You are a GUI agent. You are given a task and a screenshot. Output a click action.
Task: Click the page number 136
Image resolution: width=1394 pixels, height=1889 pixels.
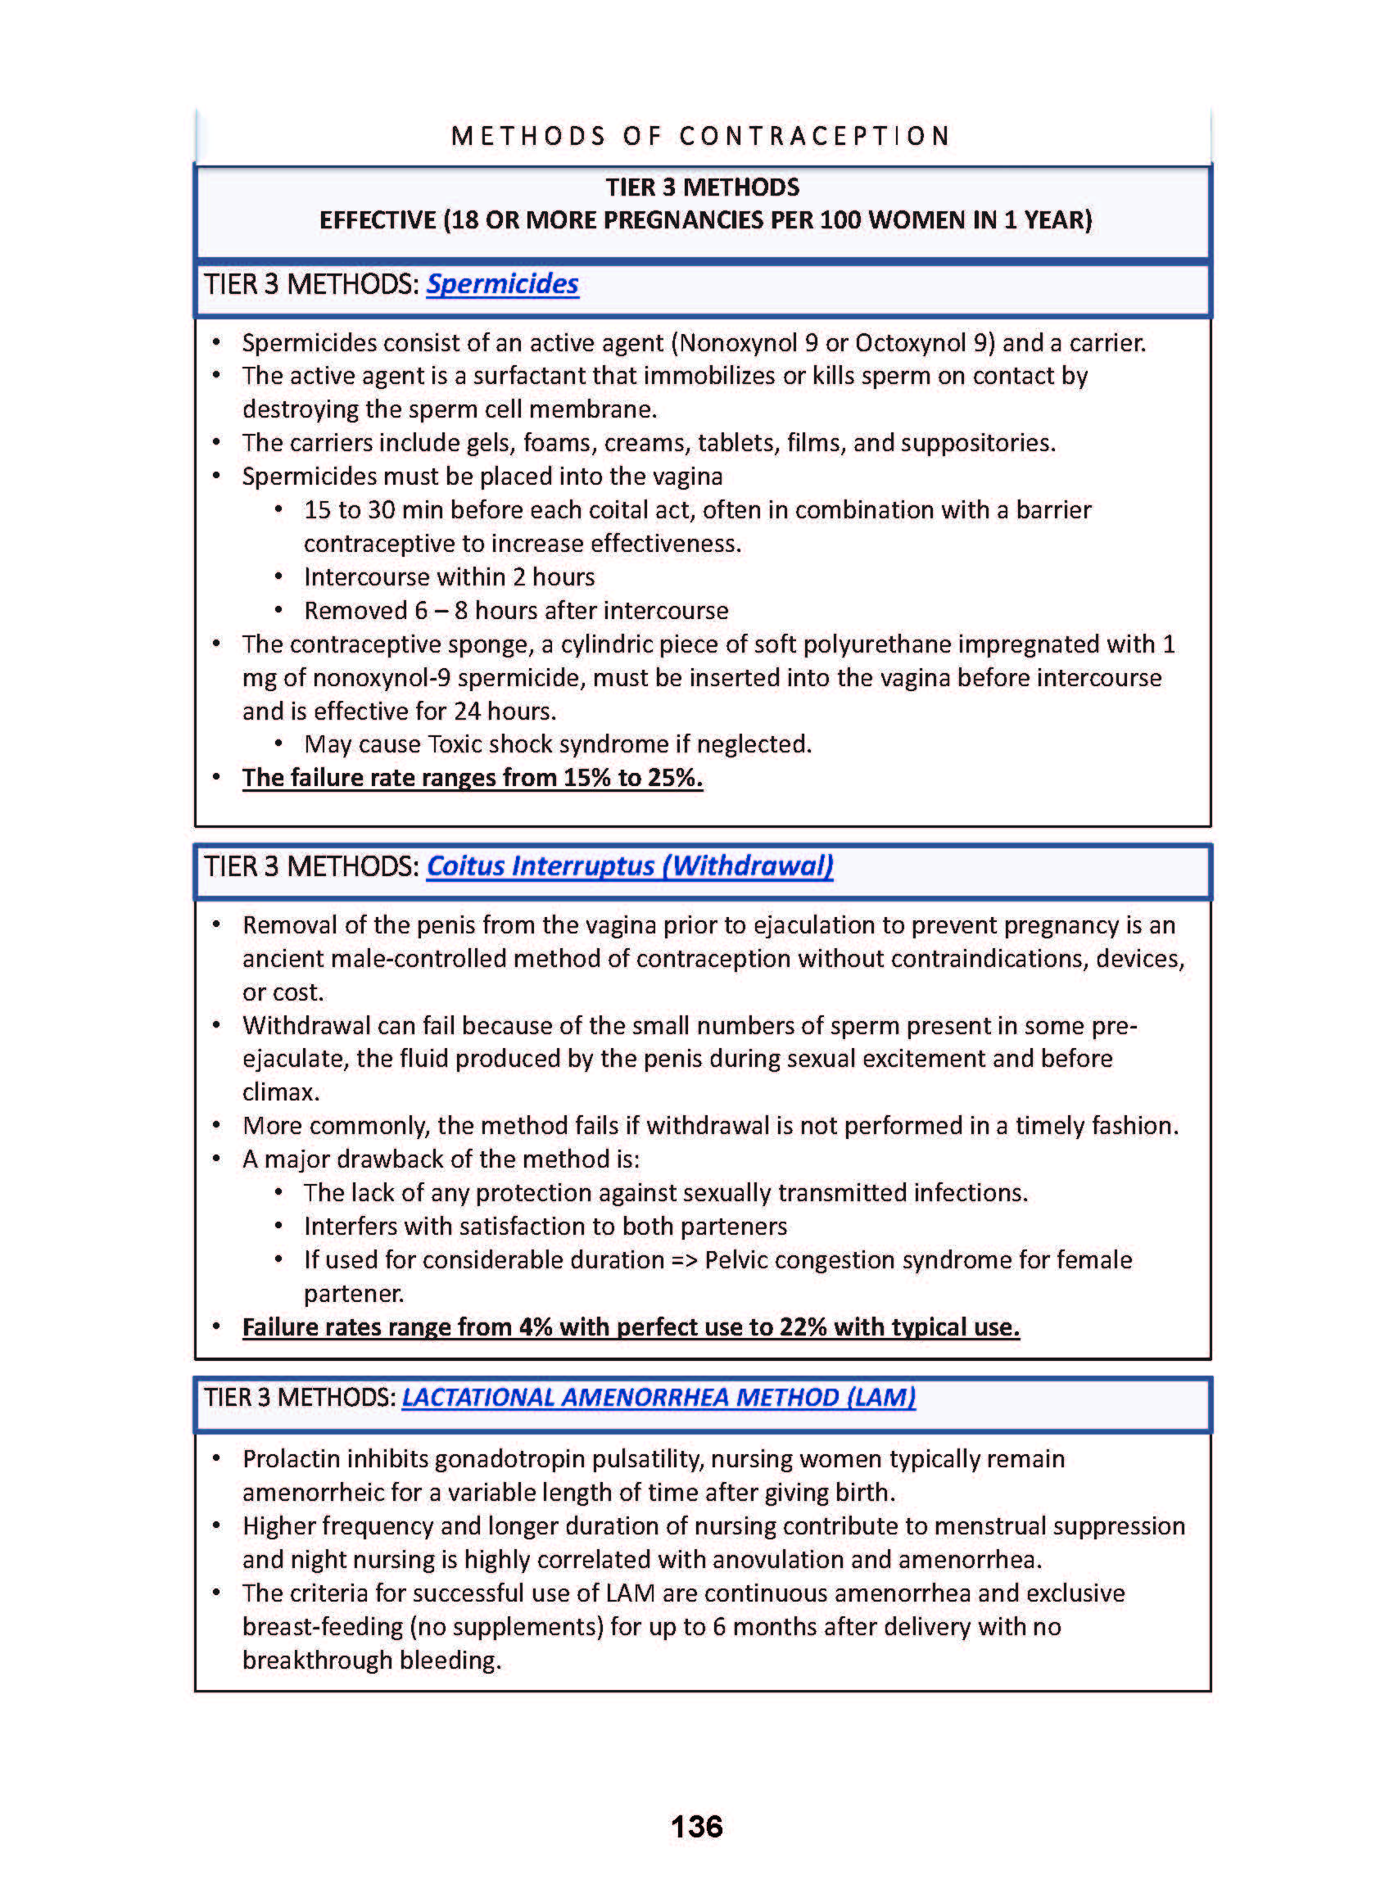point(696,1827)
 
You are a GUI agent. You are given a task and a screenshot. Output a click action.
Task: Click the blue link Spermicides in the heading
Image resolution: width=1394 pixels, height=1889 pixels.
point(502,284)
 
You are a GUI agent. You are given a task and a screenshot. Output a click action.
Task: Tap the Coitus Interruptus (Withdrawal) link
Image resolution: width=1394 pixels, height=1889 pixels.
point(630,866)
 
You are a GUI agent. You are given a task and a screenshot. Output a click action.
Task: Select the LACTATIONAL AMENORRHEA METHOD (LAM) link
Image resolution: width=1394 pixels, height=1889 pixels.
point(659,1397)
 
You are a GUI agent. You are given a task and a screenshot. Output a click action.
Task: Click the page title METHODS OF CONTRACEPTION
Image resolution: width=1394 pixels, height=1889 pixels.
point(701,136)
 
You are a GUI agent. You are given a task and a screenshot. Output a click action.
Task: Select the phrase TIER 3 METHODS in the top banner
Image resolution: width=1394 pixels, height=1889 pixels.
point(702,188)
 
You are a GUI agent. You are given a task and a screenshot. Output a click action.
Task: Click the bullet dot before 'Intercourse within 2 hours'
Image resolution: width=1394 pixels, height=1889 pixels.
point(278,577)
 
